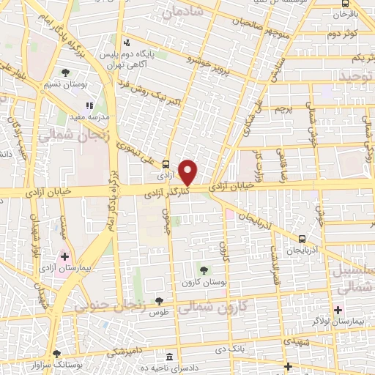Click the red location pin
click(189, 172)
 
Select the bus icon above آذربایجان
click(302, 240)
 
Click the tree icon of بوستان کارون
click(203, 270)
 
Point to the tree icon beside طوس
click(158, 301)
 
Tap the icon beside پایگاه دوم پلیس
click(127, 42)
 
